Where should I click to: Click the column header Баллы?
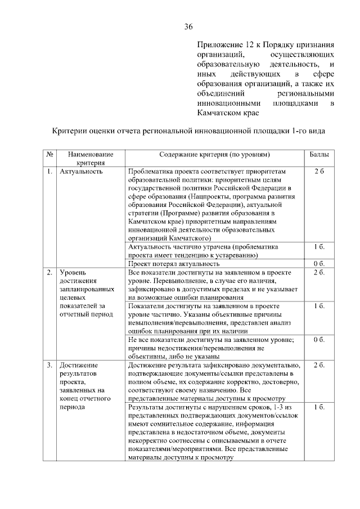319,154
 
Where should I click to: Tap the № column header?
50,154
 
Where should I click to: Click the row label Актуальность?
81,171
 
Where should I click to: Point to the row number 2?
49,273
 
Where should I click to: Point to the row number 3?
49,366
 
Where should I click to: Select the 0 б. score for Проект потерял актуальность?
319,263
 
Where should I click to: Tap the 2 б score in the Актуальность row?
319,171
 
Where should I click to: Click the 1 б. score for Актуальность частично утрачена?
319,247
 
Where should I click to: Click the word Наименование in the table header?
91,154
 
